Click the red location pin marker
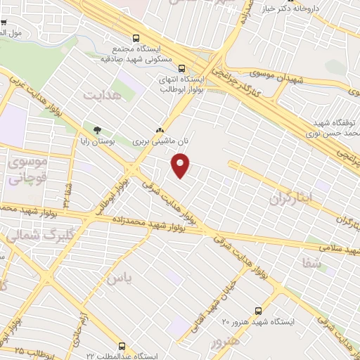181,166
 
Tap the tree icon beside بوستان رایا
97,129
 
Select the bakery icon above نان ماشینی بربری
160,130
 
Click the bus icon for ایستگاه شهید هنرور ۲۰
259,309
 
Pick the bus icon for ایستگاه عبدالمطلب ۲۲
123,346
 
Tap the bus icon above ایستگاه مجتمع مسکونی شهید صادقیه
136,39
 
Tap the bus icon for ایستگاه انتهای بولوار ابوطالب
182,69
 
